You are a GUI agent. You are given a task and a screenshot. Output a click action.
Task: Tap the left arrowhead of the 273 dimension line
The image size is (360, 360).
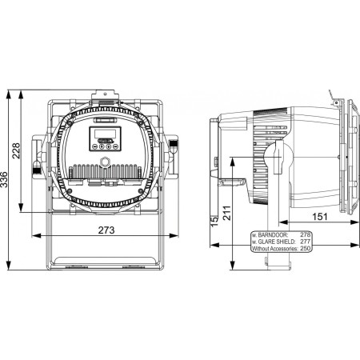[34, 238]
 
